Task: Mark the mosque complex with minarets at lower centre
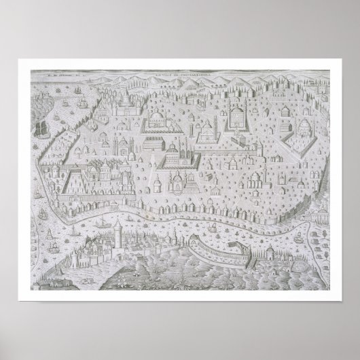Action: (176, 181)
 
